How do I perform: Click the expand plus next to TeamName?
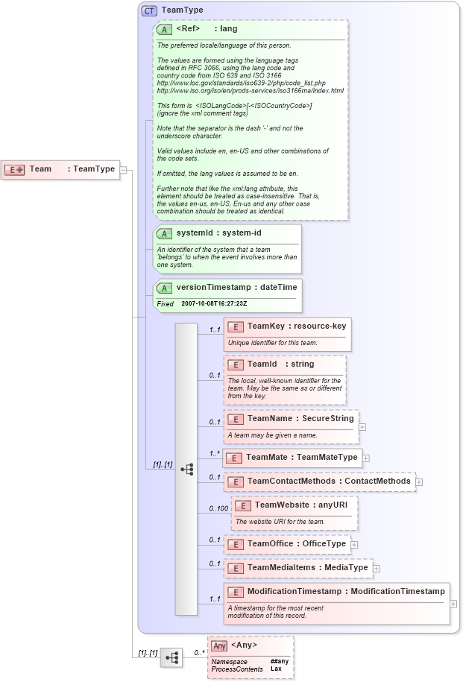362,427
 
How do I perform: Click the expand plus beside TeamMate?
366,458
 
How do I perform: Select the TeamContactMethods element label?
329,481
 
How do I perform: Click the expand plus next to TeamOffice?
354,544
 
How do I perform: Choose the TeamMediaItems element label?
307,568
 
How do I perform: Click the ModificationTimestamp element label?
345,592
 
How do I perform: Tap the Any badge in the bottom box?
219,645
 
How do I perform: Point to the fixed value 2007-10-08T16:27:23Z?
214,304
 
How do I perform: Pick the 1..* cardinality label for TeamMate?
215,453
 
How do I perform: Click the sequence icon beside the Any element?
171,657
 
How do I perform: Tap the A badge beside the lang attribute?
164,29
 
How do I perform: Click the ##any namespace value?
279,661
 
